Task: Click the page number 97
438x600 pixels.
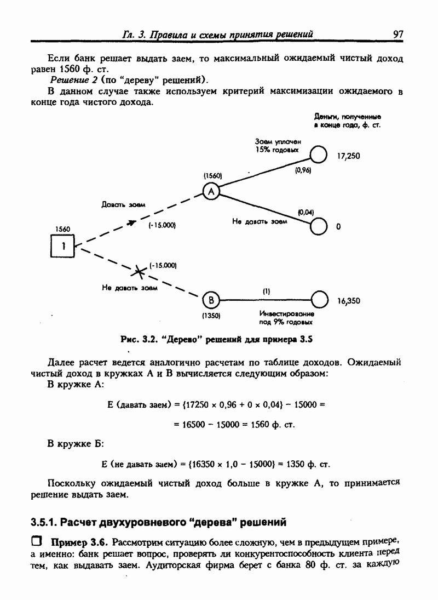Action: coord(398,34)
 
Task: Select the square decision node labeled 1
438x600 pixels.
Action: coord(63,247)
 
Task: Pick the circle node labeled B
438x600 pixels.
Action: coord(211,300)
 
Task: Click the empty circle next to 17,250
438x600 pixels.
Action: coord(319,155)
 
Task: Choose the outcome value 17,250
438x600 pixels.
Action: coord(349,156)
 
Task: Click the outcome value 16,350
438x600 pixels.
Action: coord(349,301)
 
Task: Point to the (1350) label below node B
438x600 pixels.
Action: coord(211,316)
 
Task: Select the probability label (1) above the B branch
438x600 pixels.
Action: coord(266,292)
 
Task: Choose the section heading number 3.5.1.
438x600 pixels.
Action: coord(44,521)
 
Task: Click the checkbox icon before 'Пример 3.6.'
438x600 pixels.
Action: coord(36,542)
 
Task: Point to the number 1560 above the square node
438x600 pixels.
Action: coord(63,229)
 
